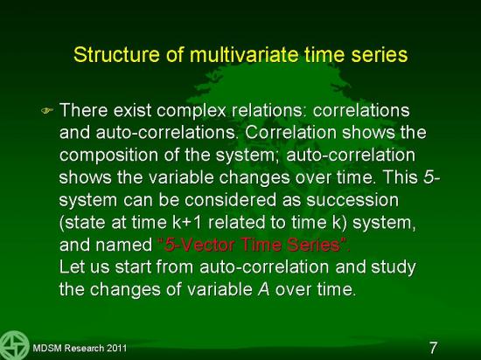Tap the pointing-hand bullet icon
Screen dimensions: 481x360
(47, 110)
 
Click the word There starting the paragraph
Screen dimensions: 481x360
(84, 110)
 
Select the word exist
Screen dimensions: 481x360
(132, 110)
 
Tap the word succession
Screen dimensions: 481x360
(352, 200)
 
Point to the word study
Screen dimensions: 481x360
(393, 267)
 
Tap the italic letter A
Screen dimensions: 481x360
(263, 289)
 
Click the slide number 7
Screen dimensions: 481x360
(433, 348)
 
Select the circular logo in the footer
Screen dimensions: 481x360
(14, 345)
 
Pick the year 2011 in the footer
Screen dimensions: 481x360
(116, 348)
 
